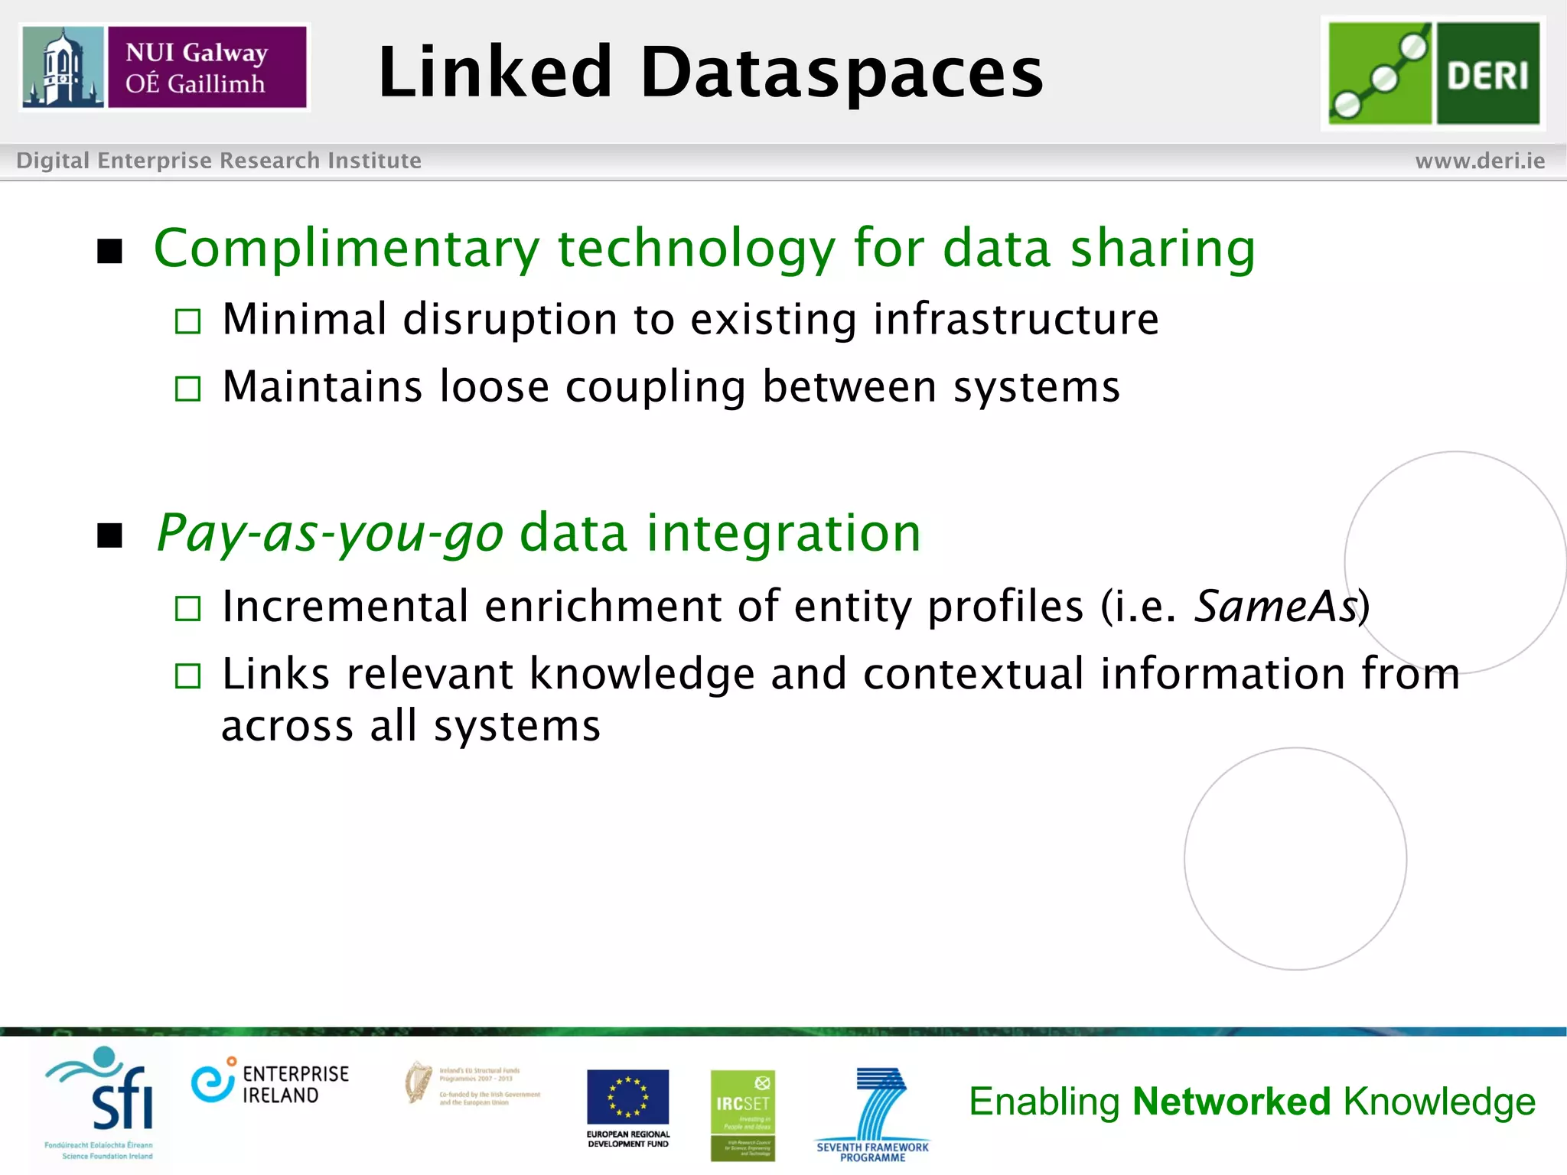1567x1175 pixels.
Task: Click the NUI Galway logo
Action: (x=165, y=67)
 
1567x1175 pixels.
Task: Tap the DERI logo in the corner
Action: (x=1433, y=73)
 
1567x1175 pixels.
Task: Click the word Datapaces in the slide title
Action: (x=842, y=73)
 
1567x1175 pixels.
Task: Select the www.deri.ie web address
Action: (x=1480, y=161)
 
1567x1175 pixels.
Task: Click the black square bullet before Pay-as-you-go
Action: (x=110, y=535)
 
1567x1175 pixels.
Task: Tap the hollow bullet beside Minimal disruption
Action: (x=187, y=321)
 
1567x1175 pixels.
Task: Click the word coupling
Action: (x=655, y=387)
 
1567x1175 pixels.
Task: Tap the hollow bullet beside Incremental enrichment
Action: (x=187, y=609)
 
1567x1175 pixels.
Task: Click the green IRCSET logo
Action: (x=742, y=1115)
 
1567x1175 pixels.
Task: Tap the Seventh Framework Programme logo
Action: (x=873, y=1114)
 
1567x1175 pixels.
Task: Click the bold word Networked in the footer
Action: (x=1232, y=1102)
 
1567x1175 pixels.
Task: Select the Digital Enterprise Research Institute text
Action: (x=219, y=161)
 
